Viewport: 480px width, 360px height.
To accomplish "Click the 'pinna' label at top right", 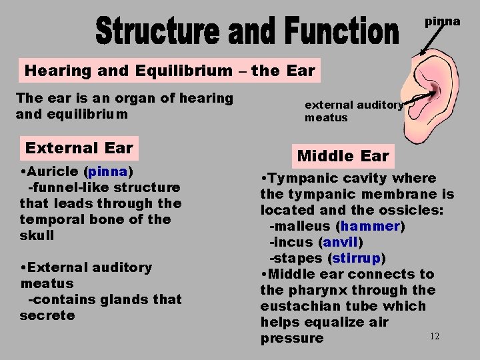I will (443, 21).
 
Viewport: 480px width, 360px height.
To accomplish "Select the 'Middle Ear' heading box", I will (343, 156).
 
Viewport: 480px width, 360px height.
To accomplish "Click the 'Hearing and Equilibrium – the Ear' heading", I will (169, 70).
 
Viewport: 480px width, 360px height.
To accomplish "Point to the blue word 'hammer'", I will (370, 226).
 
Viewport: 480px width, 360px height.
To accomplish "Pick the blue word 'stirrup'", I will (357, 258).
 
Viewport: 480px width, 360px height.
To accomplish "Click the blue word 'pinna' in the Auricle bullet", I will (107, 171).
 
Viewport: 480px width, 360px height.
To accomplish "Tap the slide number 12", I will (434, 337).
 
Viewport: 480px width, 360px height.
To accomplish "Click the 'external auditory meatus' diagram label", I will (353, 111).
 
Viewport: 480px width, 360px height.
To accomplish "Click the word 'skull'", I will (37, 235).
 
